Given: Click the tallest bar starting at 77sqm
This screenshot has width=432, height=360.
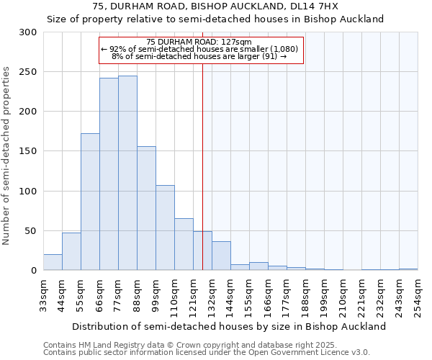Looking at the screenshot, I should [x=127, y=173].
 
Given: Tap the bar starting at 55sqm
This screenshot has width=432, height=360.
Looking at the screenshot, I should [x=90, y=202].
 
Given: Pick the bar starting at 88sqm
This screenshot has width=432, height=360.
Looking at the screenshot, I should [x=146, y=208].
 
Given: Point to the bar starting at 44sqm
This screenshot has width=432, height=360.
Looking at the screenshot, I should [x=71, y=252].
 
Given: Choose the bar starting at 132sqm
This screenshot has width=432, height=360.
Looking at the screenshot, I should [x=221, y=256].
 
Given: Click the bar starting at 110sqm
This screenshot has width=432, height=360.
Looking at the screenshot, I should [x=184, y=244].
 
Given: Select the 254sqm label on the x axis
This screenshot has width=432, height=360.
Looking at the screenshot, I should [x=418, y=296].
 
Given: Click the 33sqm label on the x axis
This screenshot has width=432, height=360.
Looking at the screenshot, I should [x=43, y=296].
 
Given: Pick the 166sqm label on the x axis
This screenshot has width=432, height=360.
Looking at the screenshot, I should [x=268, y=296].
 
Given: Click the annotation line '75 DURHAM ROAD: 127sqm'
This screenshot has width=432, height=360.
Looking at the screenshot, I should [x=198, y=42].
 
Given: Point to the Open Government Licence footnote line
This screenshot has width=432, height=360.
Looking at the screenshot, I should [x=206, y=352].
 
